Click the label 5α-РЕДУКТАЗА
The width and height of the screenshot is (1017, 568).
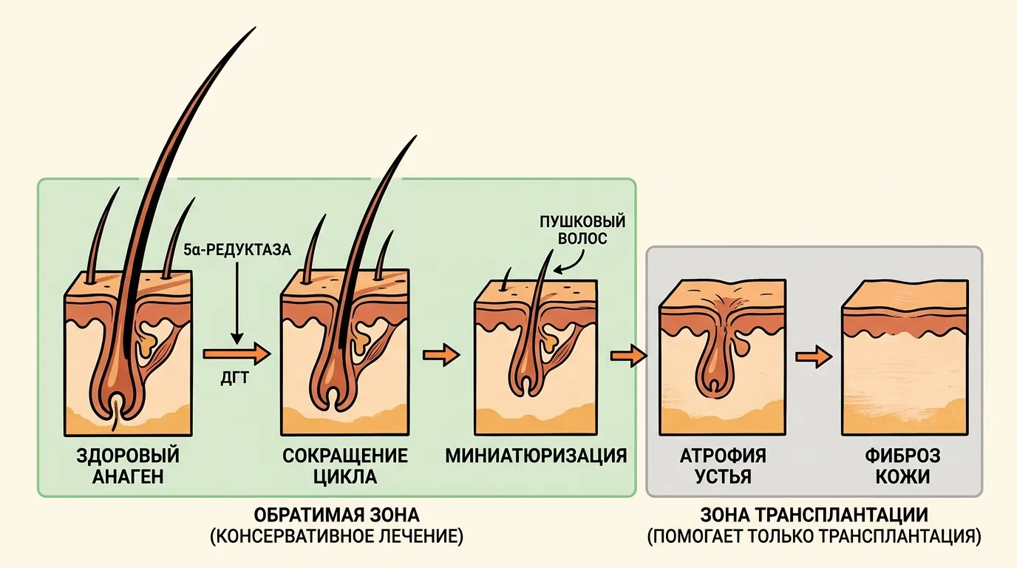(x=237, y=250)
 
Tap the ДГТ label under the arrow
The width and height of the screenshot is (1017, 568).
(x=235, y=378)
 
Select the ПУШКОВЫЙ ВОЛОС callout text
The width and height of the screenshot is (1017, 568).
(x=582, y=230)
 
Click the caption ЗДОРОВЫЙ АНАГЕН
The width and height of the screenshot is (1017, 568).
(x=128, y=466)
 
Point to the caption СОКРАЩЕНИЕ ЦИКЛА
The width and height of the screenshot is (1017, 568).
(x=345, y=466)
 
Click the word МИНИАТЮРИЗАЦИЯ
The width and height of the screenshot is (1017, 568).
(x=536, y=456)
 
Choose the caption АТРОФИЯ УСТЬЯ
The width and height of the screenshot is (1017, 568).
(x=724, y=466)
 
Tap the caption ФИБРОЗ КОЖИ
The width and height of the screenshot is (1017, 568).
(x=902, y=466)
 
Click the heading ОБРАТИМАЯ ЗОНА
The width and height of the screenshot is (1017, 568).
(x=336, y=515)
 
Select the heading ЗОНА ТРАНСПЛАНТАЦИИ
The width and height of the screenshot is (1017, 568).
(x=814, y=515)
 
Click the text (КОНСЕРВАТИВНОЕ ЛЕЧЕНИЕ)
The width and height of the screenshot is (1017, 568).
(x=336, y=536)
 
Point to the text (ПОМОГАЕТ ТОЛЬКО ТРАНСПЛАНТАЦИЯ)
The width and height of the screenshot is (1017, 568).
(x=814, y=536)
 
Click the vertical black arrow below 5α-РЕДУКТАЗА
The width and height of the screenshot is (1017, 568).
(x=237, y=303)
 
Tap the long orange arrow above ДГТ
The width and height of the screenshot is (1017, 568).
(x=237, y=354)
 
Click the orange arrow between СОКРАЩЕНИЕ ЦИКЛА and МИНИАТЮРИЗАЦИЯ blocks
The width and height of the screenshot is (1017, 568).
(x=441, y=354)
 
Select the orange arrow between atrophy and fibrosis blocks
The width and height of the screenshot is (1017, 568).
(x=814, y=356)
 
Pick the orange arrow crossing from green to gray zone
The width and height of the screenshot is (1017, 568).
(x=629, y=356)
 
